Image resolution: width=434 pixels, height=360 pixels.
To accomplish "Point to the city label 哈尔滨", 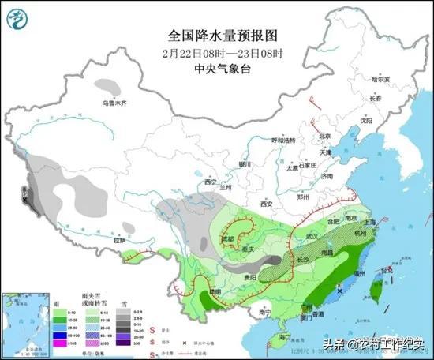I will pos(381,80).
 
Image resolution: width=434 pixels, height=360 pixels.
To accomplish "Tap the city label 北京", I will pos(321,136).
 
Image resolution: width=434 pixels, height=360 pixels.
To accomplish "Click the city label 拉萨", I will pos(120,240).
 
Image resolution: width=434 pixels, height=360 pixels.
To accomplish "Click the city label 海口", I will pos(275,337).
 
